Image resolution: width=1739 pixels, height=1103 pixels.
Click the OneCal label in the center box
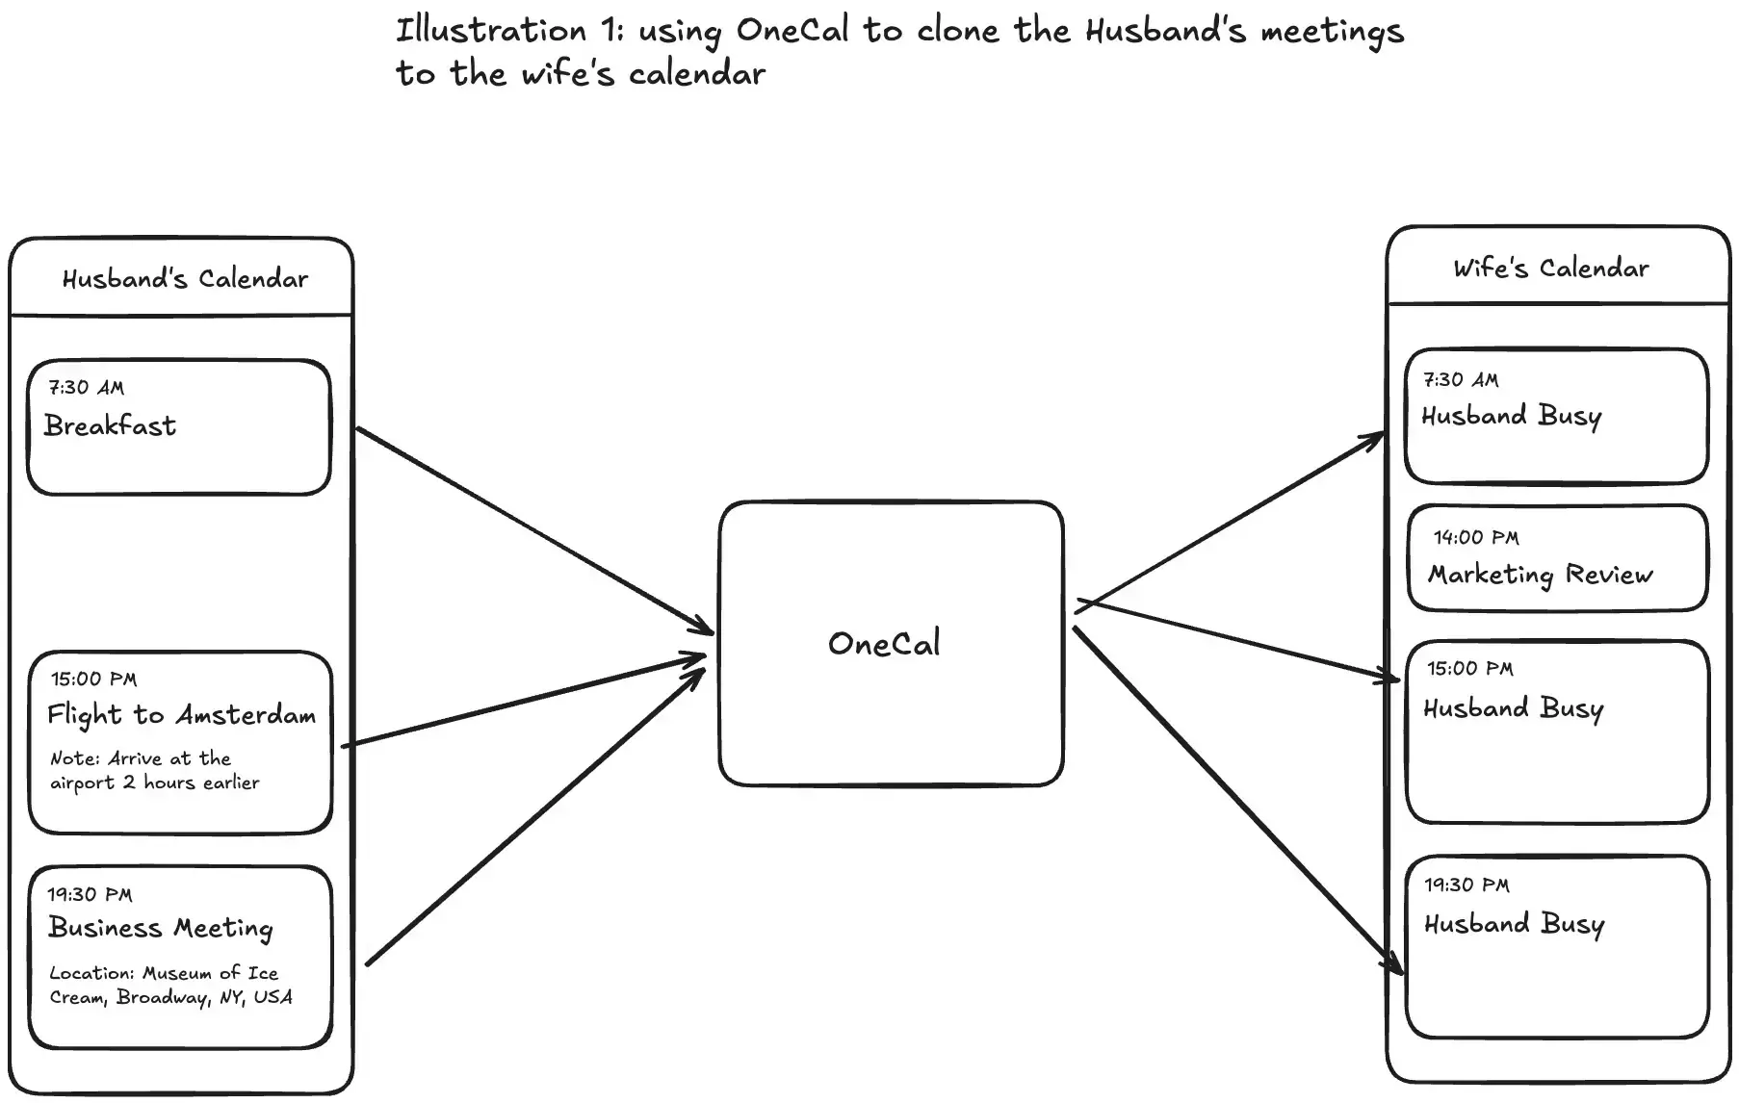pos(884,644)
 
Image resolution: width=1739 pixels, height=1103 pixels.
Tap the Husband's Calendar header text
pos(185,279)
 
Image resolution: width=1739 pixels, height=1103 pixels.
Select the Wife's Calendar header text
pos(1550,269)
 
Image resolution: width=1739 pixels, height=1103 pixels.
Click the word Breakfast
pos(110,425)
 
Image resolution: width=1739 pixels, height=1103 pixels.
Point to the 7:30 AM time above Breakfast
pos(86,388)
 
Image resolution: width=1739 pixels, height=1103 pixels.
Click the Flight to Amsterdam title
pos(181,715)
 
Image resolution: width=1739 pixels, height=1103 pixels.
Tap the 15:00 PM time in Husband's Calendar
pos(93,680)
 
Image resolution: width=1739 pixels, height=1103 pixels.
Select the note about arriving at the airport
pos(154,771)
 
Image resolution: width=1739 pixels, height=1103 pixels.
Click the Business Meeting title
pos(161,928)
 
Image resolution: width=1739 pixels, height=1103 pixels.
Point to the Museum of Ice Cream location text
pos(170,986)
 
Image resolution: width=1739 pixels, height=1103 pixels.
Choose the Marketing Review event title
pos(1540,575)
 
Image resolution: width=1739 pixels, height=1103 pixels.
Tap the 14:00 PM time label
pos(1475,538)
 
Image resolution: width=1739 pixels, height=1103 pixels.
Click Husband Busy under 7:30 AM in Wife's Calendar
pos(1511,417)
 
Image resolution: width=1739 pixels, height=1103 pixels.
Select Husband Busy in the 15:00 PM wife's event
pos(1513,709)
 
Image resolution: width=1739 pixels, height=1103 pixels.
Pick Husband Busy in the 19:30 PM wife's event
pos(1514,925)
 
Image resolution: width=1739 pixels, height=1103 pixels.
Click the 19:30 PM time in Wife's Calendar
pos(1466,885)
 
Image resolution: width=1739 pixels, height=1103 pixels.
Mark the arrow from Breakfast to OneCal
pos(534,530)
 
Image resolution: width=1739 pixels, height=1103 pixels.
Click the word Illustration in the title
pos(491,31)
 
